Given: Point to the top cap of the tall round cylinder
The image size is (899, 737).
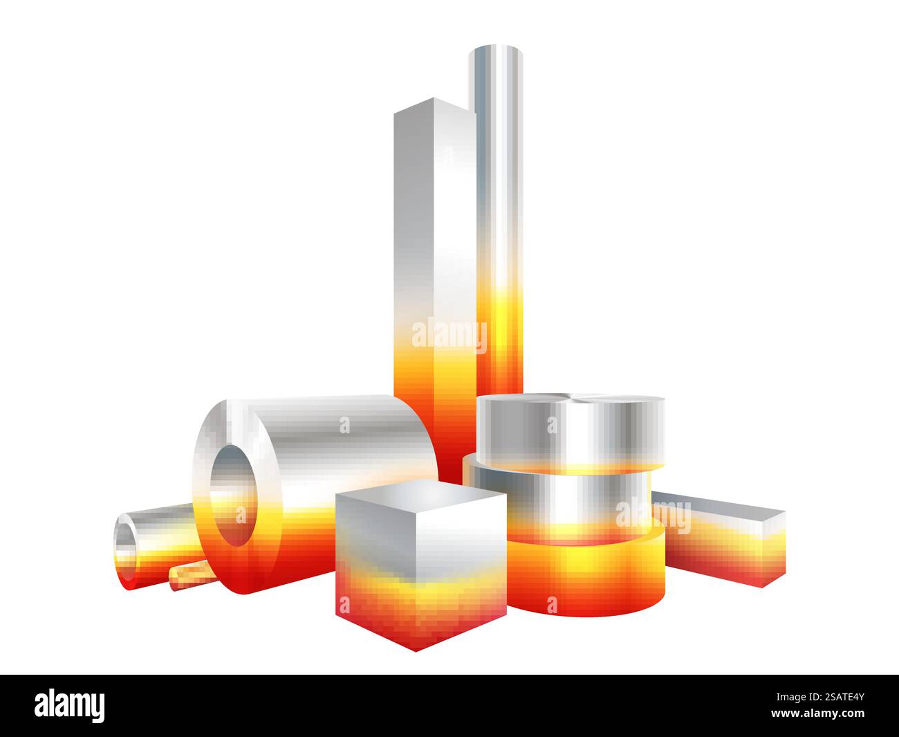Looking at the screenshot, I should pos(496,55).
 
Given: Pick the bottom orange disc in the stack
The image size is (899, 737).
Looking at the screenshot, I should pos(588,574).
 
